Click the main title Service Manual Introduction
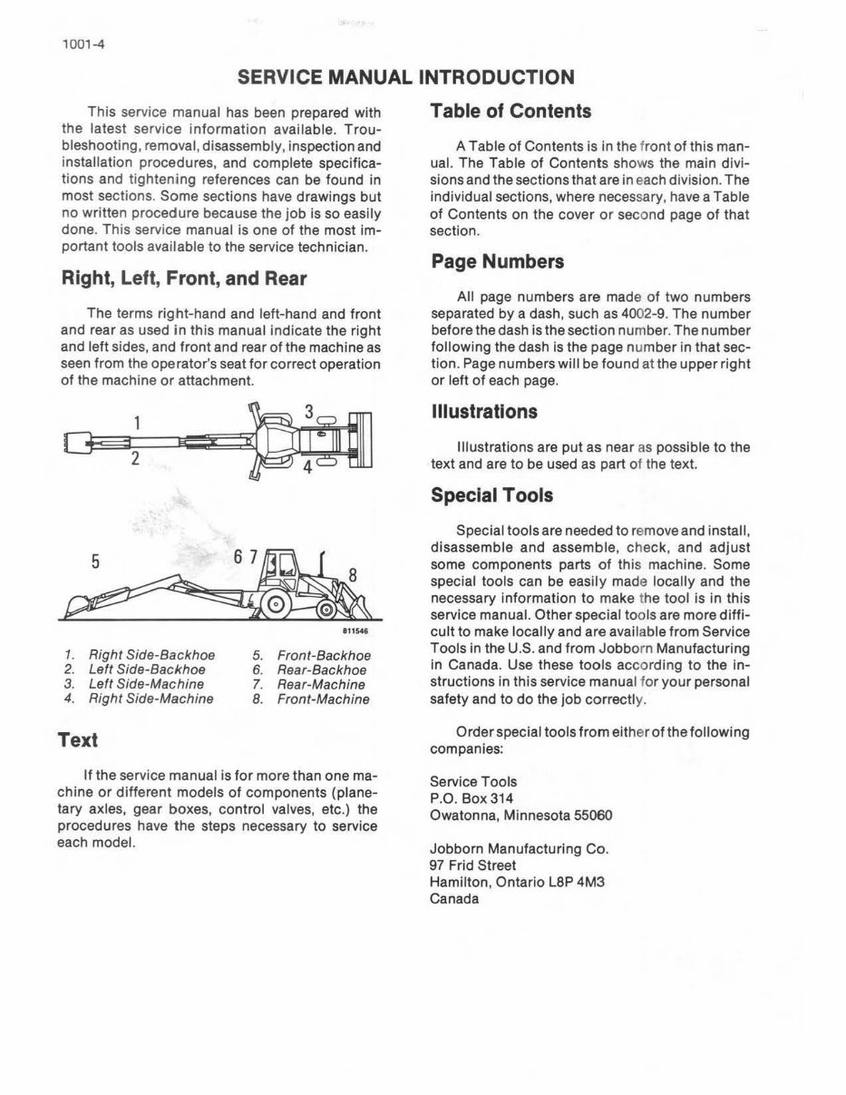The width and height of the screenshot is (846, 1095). pyautogui.click(x=405, y=77)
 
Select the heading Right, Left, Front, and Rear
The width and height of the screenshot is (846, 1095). pyautogui.click(x=183, y=279)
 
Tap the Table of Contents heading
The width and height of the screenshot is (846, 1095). pyautogui.click(x=511, y=112)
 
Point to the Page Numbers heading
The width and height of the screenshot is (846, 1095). pyautogui.click(x=497, y=262)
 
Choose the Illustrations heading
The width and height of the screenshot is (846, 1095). pyautogui.click(x=484, y=412)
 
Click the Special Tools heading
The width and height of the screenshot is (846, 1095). pyautogui.click(x=491, y=495)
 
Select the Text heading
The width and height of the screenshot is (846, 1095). pyautogui.click(x=77, y=740)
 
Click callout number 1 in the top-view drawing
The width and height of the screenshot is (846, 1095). pyautogui.click(x=137, y=422)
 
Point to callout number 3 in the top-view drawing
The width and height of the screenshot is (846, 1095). pyautogui.click(x=308, y=412)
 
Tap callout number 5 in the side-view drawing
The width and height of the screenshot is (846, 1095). pyautogui.click(x=94, y=562)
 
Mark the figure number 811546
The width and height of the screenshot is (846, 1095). pyautogui.click(x=355, y=631)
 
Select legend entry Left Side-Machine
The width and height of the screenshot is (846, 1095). pyautogui.click(x=146, y=684)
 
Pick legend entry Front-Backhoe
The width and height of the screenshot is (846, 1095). pyautogui.click(x=324, y=655)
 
